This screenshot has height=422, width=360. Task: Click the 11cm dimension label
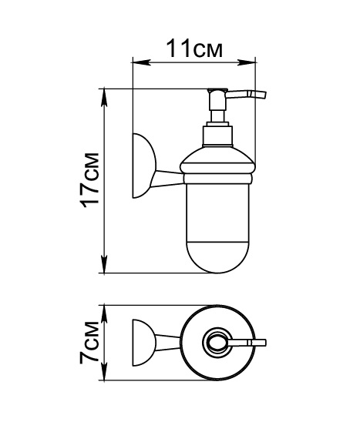194,49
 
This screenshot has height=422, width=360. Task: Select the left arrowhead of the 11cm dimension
140,63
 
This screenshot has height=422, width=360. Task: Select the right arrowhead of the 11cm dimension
246,63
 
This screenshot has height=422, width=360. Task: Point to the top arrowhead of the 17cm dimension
104,98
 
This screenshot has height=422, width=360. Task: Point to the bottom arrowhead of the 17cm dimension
104,264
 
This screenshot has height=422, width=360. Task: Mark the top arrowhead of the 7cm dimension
104,314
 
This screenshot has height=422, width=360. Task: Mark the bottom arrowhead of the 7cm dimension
104,372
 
